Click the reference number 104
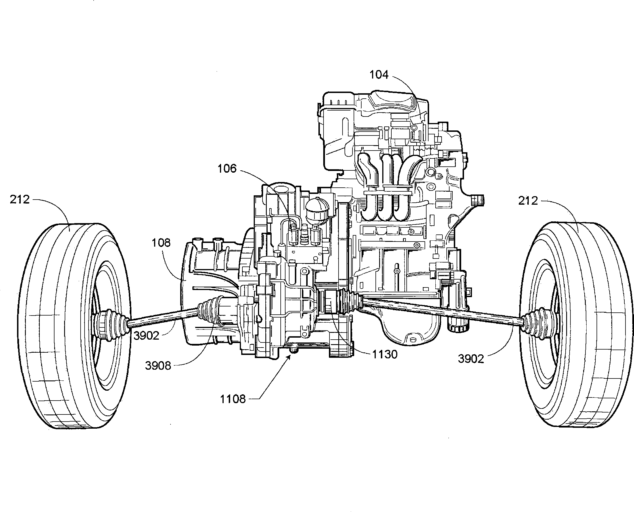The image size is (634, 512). click(x=379, y=75)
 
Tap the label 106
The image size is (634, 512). click(x=227, y=169)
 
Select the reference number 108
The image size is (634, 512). click(x=161, y=243)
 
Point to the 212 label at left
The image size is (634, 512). click(x=20, y=200)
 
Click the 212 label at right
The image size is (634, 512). click(x=528, y=201)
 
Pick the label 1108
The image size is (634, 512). click(x=233, y=399)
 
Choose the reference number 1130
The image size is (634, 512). click(x=385, y=354)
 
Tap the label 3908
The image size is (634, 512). click(x=158, y=366)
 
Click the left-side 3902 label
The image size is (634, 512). click(x=146, y=336)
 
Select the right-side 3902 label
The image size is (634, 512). click(x=471, y=359)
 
